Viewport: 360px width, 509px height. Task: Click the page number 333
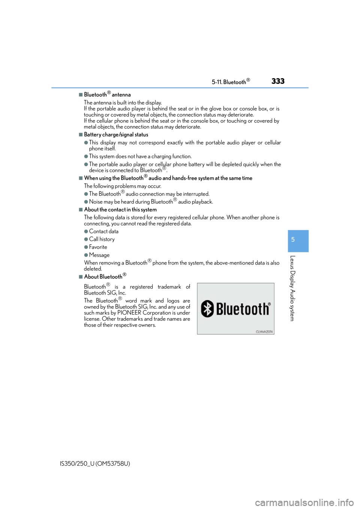click(278, 81)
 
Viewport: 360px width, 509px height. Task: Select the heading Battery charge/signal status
click(116, 135)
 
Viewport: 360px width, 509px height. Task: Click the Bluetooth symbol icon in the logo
click(207, 308)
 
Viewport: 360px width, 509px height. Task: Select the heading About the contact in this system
click(120, 210)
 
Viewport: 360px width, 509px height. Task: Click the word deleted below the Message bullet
click(93, 269)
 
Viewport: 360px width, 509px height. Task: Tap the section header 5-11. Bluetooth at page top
click(231, 82)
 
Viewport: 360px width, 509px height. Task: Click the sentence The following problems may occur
click(123, 186)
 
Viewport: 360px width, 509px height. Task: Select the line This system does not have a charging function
click(140, 157)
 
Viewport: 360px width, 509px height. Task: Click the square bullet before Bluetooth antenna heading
click(81, 94)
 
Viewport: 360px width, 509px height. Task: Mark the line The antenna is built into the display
click(123, 102)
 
